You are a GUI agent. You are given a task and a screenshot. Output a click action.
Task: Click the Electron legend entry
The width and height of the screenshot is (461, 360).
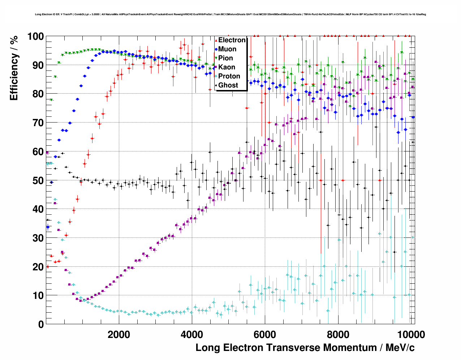(x=232, y=40)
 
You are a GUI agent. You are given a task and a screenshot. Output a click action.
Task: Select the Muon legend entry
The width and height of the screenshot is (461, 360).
(x=227, y=49)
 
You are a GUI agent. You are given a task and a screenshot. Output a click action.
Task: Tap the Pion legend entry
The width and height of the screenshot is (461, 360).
(x=225, y=58)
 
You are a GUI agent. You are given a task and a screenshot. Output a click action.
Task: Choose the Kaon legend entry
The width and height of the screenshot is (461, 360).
(x=227, y=67)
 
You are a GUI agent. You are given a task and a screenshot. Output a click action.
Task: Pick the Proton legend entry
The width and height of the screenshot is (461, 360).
(x=229, y=76)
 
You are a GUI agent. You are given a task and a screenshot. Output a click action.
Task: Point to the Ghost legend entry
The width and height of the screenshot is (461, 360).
(x=228, y=85)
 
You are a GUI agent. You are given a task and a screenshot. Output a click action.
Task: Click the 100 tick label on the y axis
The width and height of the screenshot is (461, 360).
(x=35, y=37)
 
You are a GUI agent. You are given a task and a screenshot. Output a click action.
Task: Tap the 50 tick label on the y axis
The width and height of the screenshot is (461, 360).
(x=38, y=180)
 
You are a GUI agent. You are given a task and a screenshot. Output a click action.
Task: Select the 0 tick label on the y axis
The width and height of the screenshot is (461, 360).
(x=41, y=324)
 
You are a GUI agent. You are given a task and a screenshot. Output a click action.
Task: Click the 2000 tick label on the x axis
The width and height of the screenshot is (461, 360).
(x=119, y=334)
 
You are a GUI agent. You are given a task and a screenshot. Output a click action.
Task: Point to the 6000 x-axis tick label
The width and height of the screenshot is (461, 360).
(x=265, y=334)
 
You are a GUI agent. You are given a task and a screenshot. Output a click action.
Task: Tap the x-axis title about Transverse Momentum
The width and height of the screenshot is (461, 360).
(x=305, y=348)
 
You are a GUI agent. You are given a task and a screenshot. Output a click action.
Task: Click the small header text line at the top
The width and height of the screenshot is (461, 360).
(x=230, y=14)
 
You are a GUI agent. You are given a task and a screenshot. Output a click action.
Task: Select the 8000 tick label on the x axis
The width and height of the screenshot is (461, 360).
(x=338, y=334)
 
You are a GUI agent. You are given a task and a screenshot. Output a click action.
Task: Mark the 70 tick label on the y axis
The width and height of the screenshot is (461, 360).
(x=38, y=123)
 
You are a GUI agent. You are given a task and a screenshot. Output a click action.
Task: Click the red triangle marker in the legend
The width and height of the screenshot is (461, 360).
(x=216, y=40)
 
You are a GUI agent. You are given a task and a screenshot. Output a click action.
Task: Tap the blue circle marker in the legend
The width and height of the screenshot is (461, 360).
(x=216, y=49)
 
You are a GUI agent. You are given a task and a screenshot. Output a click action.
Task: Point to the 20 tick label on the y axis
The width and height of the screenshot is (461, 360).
(x=38, y=267)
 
